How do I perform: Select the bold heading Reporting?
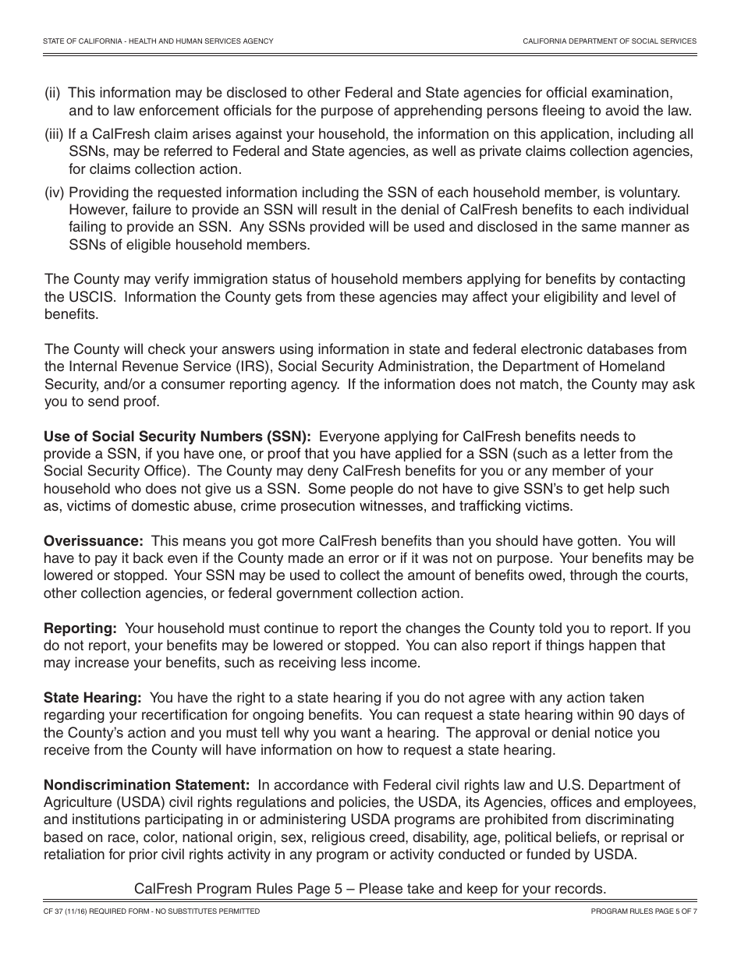(x=80, y=628)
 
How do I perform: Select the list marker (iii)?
(x=54, y=135)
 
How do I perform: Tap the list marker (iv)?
(x=54, y=193)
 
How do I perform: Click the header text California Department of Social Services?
(x=609, y=41)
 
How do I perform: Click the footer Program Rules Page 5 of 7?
(x=643, y=911)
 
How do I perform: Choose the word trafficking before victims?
(x=491, y=506)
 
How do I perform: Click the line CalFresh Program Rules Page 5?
(x=370, y=889)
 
